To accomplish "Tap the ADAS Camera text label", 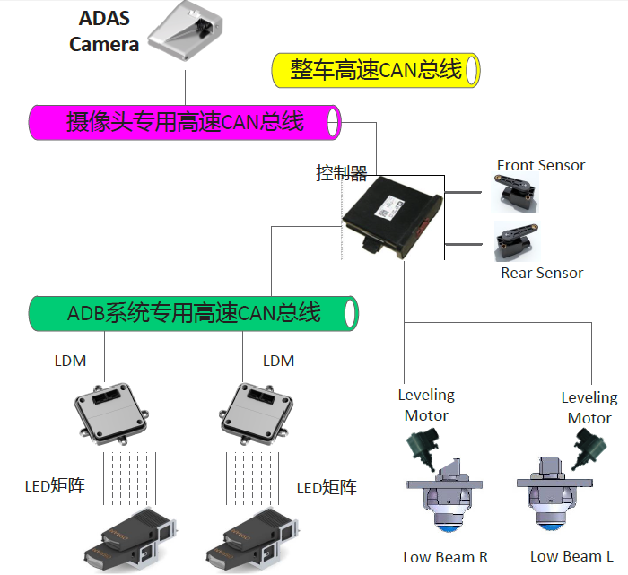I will point(104,32).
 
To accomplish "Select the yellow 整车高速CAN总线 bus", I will point(376,70).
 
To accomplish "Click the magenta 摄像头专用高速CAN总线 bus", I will point(185,122).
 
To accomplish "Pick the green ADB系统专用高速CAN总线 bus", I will point(194,313).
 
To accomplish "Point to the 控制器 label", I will point(341,173).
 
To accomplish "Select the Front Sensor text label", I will point(540,165).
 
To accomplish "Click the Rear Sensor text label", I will point(542,273).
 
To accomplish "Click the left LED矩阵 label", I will point(55,487).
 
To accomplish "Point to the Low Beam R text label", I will point(446,557).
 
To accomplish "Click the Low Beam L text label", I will point(571,557).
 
